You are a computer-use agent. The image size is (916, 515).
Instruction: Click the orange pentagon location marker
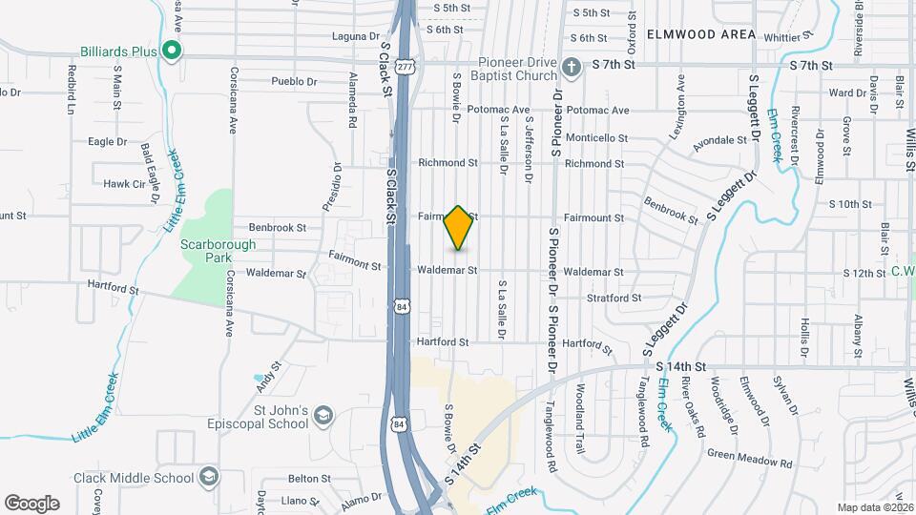click(458, 228)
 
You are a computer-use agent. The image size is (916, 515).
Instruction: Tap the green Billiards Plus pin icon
click(171, 50)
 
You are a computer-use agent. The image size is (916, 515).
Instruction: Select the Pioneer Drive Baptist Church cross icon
click(571, 66)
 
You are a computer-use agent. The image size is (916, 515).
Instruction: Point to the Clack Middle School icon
click(209, 477)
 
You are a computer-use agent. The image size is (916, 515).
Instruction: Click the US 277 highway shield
click(406, 67)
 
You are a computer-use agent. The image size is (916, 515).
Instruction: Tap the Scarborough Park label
click(219, 251)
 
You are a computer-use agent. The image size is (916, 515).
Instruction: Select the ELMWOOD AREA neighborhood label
click(701, 34)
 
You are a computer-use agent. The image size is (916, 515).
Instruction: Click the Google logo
click(31, 503)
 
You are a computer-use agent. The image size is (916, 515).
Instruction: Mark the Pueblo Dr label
click(293, 81)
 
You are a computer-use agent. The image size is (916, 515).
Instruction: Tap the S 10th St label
click(850, 204)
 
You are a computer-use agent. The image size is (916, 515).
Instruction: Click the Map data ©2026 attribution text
click(874, 507)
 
